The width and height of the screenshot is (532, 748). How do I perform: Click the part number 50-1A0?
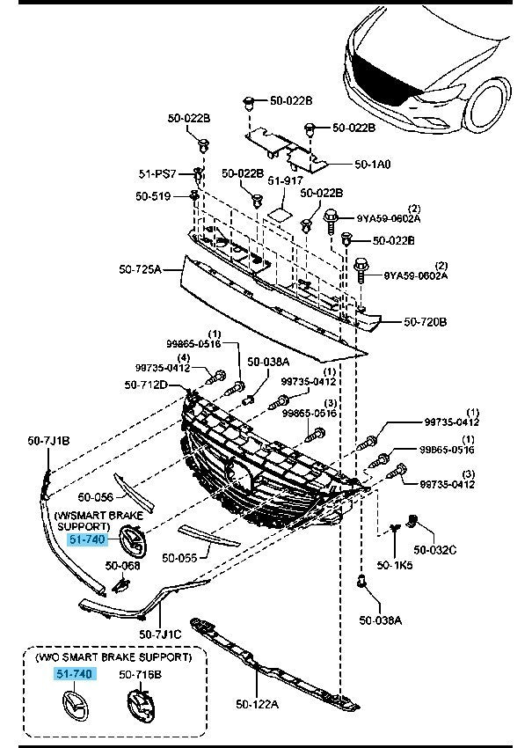pyautogui.click(x=373, y=164)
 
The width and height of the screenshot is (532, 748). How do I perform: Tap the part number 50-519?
pyautogui.click(x=152, y=196)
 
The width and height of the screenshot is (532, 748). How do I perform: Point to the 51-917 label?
pyautogui.click(x=284, y=180)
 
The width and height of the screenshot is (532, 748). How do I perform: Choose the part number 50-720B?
pyautogui.click(x=426, y=322)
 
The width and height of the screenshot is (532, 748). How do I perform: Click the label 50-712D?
pyautogui.click(x=146, y=384)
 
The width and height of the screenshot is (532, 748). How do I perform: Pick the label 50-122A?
pyautogui.click(x=257, y=703)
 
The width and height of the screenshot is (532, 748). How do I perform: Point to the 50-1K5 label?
pyautogui.click(x=396, y=565)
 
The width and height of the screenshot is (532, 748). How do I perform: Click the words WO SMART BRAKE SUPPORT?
pyautogui.click(x=113, y=656)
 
